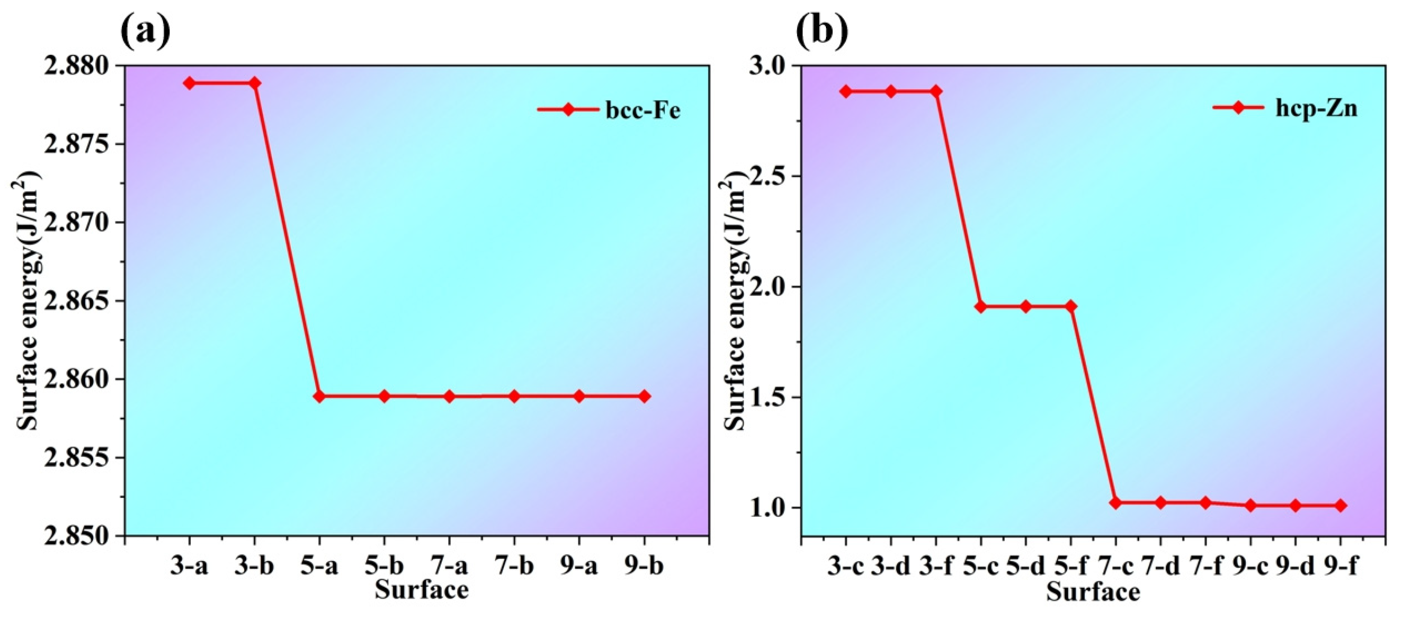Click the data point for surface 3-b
tap(254, 83)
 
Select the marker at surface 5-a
tap(319, 396)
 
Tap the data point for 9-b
tap(644, 396)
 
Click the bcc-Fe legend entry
tap(609, 110)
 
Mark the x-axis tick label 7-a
tap(449, 566)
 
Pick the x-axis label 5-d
tap(1026, 566)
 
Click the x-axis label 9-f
tap(1340, 566)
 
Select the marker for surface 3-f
tap(936, 91)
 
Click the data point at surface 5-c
tap(981, 307)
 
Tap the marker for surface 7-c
tap(1116, 503)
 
